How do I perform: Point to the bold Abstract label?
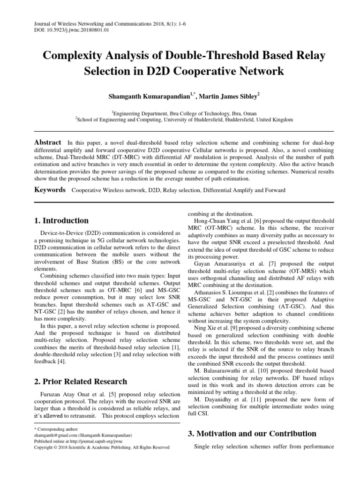coord(48,142)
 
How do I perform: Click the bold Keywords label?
coord(50,190)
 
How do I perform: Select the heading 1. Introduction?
coord(61,220)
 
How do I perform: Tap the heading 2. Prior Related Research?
coord(80,381)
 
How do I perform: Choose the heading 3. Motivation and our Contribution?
coord(252,433)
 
